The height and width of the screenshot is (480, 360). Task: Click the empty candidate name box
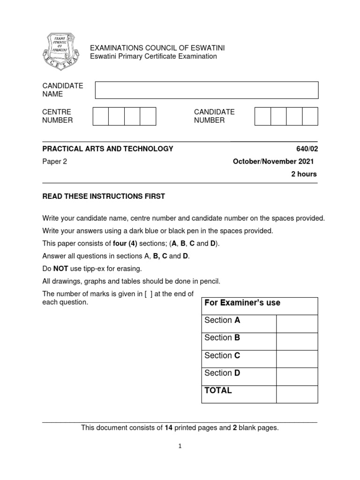[207, 90]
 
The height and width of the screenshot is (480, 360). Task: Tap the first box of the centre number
[101, 116]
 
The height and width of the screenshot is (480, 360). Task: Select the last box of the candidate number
[310, 116]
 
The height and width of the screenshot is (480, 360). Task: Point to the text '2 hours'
[304, 174]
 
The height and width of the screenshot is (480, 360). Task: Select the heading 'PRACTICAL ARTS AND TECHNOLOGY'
[108, 149]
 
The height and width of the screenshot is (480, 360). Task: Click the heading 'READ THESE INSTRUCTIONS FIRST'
[104, 196]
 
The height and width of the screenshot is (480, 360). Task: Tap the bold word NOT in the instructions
[60, 269]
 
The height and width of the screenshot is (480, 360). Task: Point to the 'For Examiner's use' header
[242, 303]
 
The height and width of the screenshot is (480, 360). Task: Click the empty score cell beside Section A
[297, 323]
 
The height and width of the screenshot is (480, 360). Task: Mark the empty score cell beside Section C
[297, 359]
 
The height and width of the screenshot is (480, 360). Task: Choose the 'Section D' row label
[222, 373]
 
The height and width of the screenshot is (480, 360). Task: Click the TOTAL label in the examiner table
[218, 390]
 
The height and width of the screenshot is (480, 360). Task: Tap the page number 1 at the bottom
[180, 447]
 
